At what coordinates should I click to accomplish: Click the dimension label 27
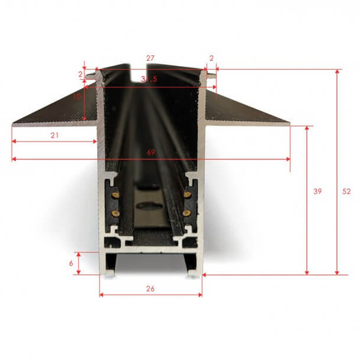[150, 58]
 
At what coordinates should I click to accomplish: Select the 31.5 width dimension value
[149, 79]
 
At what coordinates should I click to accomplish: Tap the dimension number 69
[151, 152]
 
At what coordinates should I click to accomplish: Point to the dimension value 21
[55, 135]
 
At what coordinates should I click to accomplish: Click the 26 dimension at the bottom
[151, 289]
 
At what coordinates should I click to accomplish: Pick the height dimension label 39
[317, 191]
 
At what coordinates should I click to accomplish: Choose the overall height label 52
[346, 191]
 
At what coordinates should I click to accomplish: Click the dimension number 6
[71, 263]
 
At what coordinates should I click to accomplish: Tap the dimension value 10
[77, 97]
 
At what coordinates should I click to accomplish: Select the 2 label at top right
[211, 58]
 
